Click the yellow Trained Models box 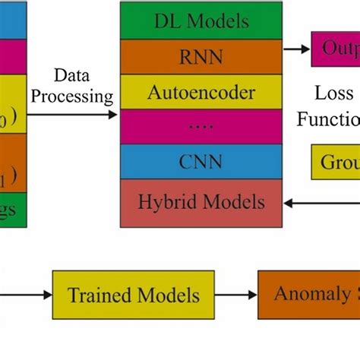134,295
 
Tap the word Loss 334,93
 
